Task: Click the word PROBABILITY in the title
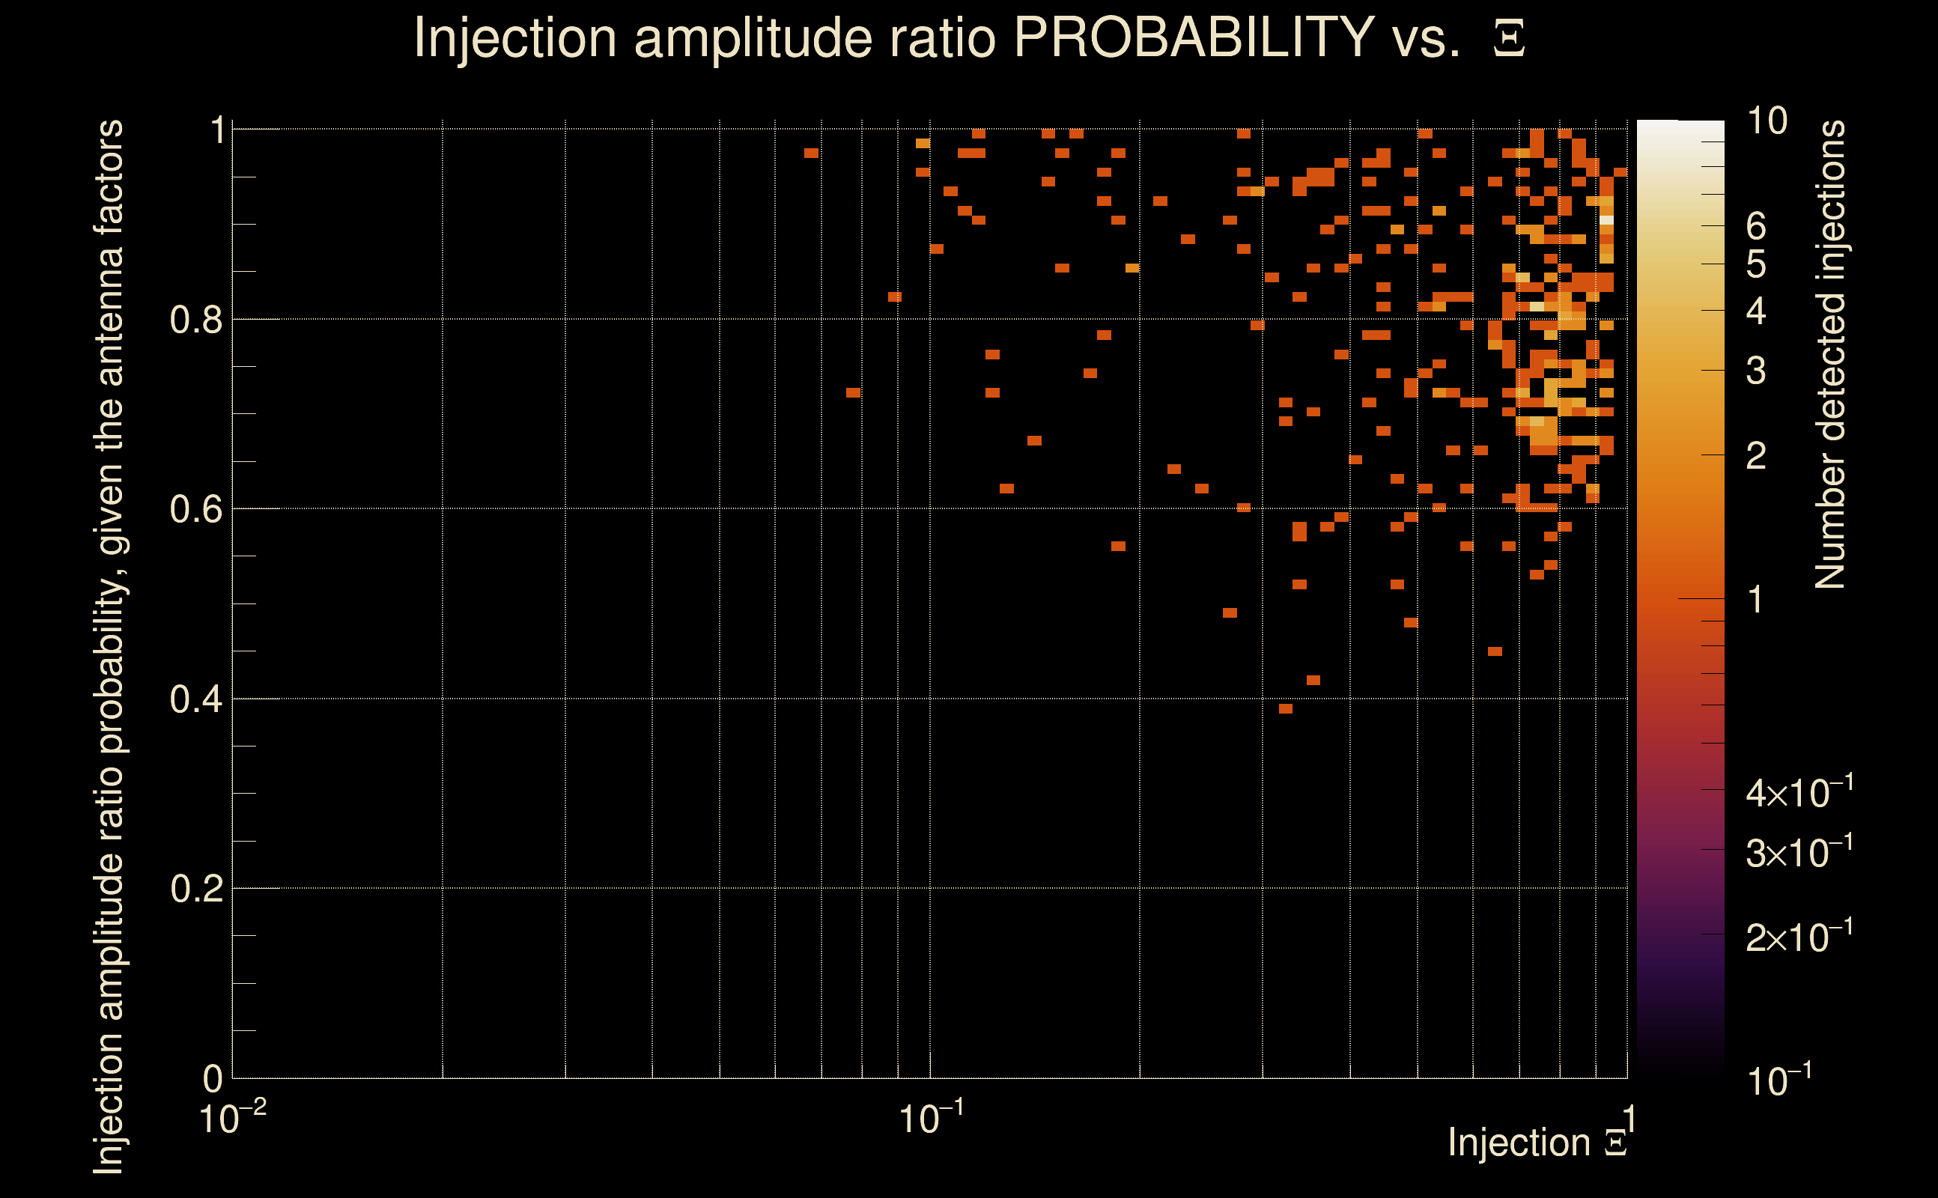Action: pos(1194,37)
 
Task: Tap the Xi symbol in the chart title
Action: pos(1510,38)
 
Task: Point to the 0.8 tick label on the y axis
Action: pos(196,320)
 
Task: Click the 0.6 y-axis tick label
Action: pos(196,509)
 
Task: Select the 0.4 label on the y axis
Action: pos(196,699)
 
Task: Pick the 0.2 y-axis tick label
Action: pos(196,889)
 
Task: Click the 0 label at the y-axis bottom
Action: pos(213,1078)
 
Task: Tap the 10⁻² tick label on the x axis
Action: pos(232,1118)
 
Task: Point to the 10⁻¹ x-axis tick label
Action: pos(931,1118)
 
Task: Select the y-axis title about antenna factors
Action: pos(109,646)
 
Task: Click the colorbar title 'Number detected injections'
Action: pos(1829,354)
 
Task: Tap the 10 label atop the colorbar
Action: pos(1767,121)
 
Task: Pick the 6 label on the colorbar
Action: pos(1757,227)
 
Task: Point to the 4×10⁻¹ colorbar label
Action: pos(1799,792)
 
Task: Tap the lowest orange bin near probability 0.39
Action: pos(1285,709)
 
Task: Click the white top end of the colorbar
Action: pos(1680,125)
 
